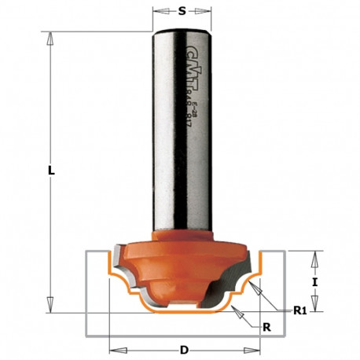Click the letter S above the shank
pos(182,13)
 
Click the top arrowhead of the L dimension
pos(51,35)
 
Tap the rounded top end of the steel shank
pos(182,31)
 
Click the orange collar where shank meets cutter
pos(182,233)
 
